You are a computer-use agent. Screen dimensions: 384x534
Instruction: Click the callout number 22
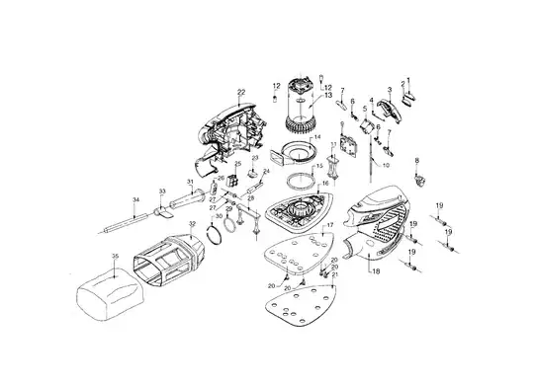pos(240,92)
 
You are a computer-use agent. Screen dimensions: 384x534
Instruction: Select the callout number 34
pos(136,201)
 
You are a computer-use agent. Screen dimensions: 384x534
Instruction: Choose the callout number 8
pos(417,159)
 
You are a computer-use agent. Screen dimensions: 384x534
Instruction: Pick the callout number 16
pos(325,184)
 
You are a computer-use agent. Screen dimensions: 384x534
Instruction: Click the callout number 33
pos(162,191)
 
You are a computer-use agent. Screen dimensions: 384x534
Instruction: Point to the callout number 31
pos(190,183)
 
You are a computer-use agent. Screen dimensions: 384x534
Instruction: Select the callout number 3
pos(390,91)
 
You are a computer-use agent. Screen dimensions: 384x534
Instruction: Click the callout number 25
pos(237,163)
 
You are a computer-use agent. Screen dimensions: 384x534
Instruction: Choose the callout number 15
pos(319,167)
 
